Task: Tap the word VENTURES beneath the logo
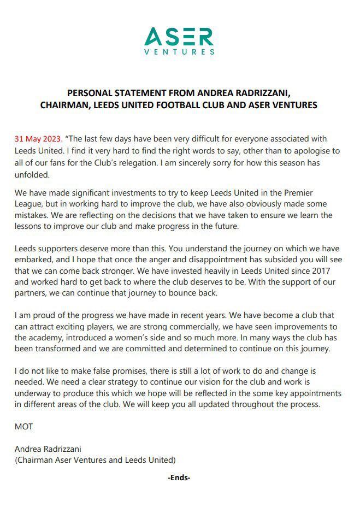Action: pyautogui.click(x=179, y=52)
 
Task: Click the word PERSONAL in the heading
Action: pyautogui.click(x=90, y=93)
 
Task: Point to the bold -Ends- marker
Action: pyautogui.click(x=179, y=477)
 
